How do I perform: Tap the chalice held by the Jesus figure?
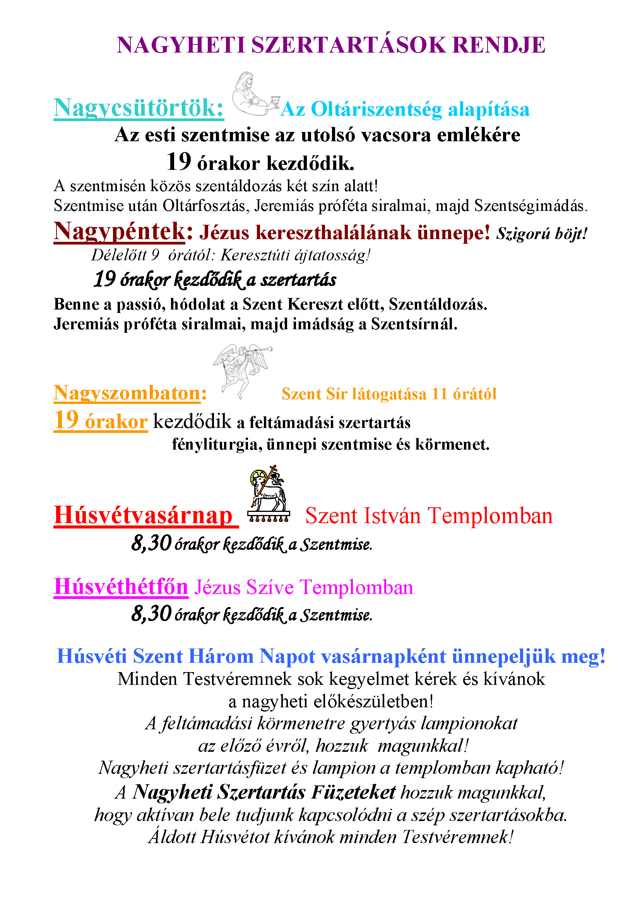[275, 101]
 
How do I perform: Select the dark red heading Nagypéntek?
[119, 231]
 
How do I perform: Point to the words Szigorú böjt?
[541, 234]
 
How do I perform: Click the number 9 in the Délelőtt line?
[155, 255]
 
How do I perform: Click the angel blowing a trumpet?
[241, 369]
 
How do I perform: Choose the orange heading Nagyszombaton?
[127, 393]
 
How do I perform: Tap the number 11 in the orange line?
[439, 394]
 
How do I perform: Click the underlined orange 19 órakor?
[101, 421]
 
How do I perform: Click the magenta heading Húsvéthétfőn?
[121, 587]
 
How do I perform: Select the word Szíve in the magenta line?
[270, 587]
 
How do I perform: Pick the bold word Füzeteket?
[353, 792]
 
